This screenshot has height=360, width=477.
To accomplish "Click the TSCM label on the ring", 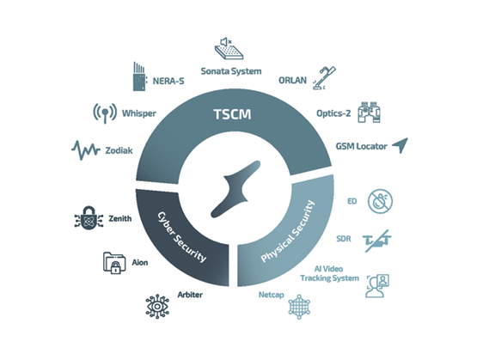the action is tap(232, 114).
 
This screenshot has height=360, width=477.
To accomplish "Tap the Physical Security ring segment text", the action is tap(287, 231).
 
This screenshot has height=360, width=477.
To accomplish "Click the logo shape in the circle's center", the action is tap(235, 189).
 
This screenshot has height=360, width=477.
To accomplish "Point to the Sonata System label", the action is tap(231, 71).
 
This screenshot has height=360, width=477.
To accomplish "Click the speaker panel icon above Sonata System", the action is tap(229, 48).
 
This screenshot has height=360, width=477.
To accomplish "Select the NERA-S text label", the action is tap(168, 81).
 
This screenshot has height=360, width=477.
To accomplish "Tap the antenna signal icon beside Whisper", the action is tap(105, 113).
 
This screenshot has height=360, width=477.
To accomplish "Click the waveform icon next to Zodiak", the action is tap(86, 150).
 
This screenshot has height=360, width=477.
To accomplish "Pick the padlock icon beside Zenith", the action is tap(89, 218).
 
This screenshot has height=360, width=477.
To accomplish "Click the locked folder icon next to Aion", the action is tap(114, 263).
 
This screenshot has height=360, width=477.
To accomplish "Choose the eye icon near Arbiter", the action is tap(157, 307).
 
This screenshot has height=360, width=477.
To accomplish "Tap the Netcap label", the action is tap(272, 295).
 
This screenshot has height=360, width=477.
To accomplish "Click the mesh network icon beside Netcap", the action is tap(299, 307).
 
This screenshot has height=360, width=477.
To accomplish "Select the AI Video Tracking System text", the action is tap(329, 273).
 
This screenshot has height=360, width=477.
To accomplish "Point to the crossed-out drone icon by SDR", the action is tap(376, 241).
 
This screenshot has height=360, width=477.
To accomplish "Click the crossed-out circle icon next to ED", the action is tap(380, 201).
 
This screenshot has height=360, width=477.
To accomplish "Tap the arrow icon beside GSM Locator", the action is tap(401, 145).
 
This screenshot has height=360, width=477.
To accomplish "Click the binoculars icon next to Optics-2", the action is tap(369, 113).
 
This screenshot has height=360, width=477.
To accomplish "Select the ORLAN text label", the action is tap(293, 80).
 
